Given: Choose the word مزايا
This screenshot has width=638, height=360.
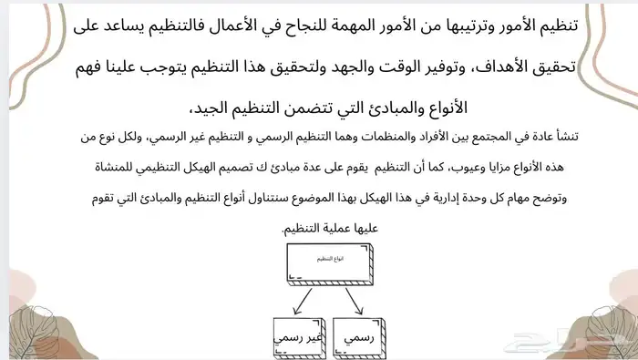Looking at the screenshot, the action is click(503, 168).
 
